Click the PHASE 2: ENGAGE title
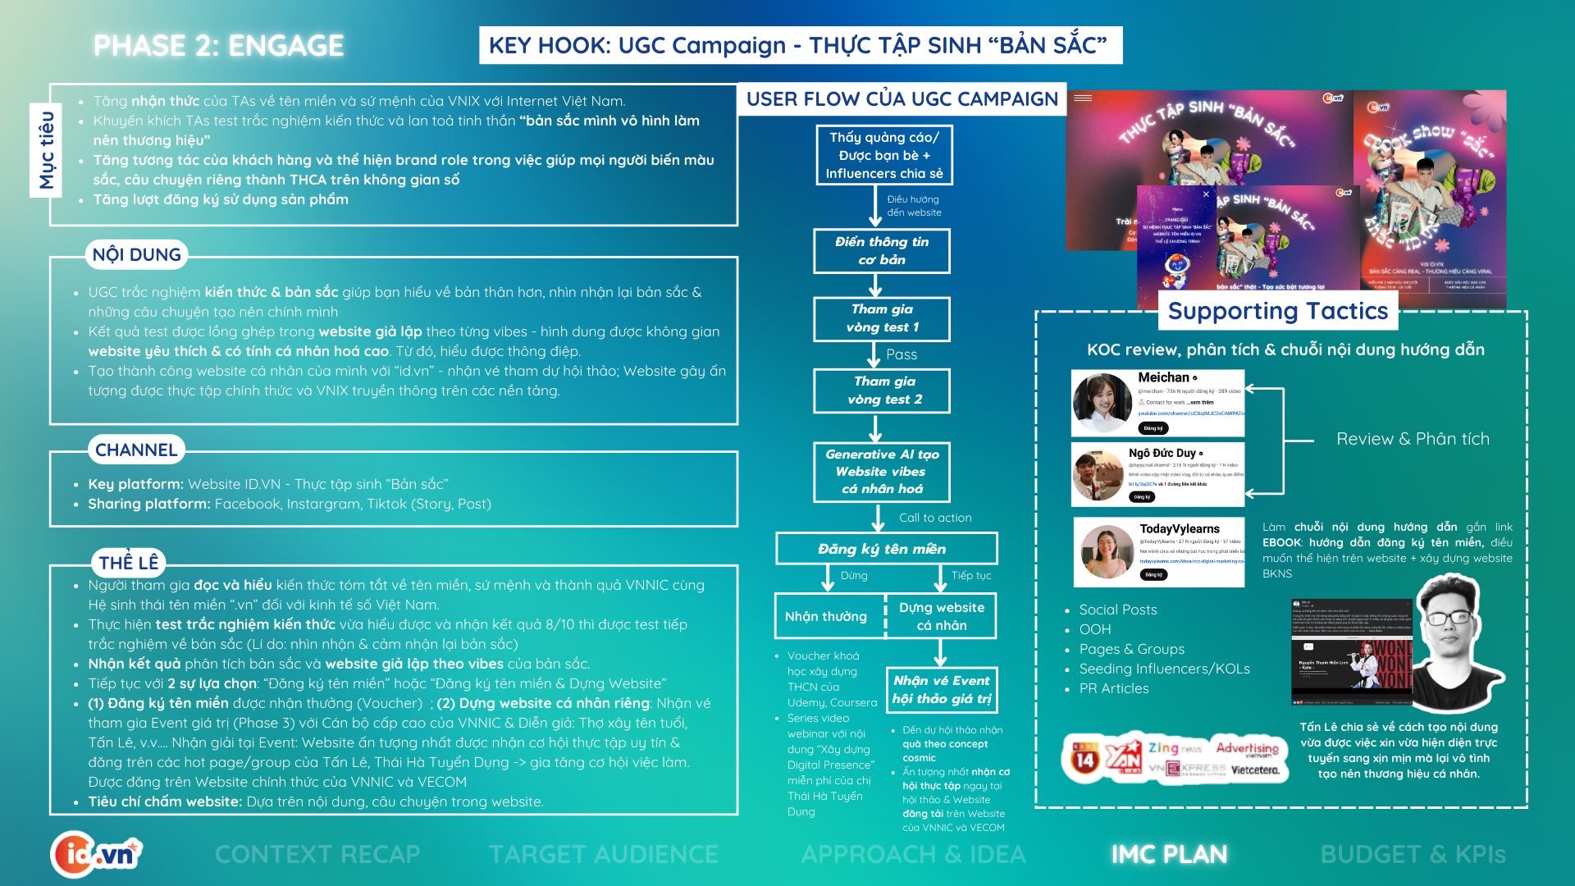point(218,46)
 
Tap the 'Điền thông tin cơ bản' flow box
point(882,251)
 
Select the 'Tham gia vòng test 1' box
point(882,318)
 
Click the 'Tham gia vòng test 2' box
point(882,390)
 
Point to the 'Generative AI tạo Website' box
point(882,472)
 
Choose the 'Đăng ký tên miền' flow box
point(886,549)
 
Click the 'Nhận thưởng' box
point(826,616)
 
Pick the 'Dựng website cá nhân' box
point(941,616)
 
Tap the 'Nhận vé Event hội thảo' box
point(941,689)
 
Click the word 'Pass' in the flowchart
point(902,354)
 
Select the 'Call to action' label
point(935,518)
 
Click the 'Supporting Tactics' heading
point(1277,311)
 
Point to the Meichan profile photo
point(1102,403)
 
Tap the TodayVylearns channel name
point(1179,529)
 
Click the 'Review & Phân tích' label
point(1413,439)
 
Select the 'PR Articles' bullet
point(1113,688)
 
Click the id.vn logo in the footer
point(96,854)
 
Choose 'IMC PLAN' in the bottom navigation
point(1169,854)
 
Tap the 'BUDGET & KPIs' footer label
point(1413,854)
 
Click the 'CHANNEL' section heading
point(136,450)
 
